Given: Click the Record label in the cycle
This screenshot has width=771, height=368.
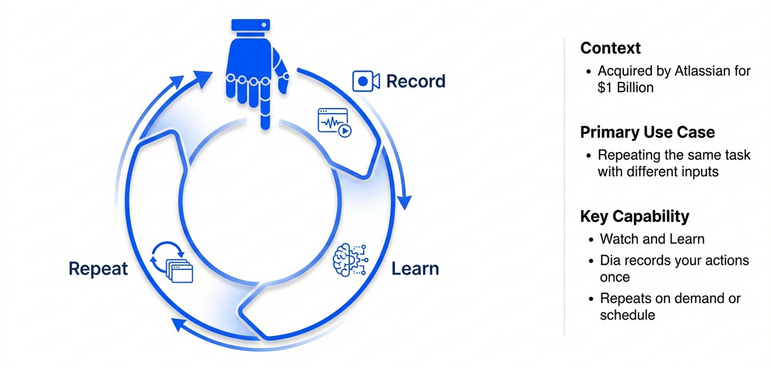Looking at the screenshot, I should coord(416,82).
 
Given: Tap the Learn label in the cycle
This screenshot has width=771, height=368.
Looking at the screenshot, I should coord(415,268).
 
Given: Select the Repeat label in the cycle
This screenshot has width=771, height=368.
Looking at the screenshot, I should coord(98,268).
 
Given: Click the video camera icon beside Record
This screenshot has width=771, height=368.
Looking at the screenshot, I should coord(366,82).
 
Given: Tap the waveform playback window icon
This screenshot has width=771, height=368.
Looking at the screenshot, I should coord(334,122).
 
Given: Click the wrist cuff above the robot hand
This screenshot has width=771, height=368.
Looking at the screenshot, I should coord(250,25).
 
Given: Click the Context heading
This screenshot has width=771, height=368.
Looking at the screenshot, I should coord(611,48).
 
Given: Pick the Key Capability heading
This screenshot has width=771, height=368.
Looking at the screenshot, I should coord(634,217).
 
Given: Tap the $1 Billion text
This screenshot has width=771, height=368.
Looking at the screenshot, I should coord(625,87).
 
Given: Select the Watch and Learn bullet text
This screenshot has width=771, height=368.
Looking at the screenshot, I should coord(652,239).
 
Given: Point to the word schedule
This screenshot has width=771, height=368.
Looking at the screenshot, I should coord(627,315).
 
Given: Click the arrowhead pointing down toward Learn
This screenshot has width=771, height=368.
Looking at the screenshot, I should coord(405,203).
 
